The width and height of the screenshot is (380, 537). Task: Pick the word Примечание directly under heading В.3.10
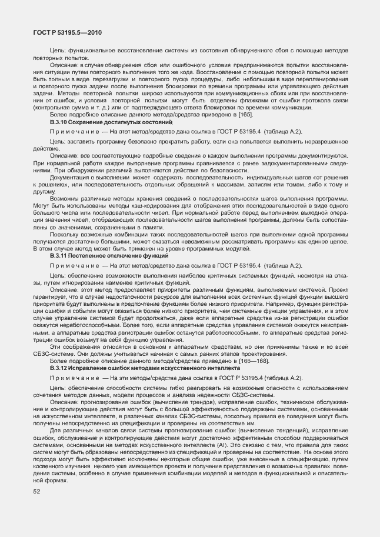tap(71, 132)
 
